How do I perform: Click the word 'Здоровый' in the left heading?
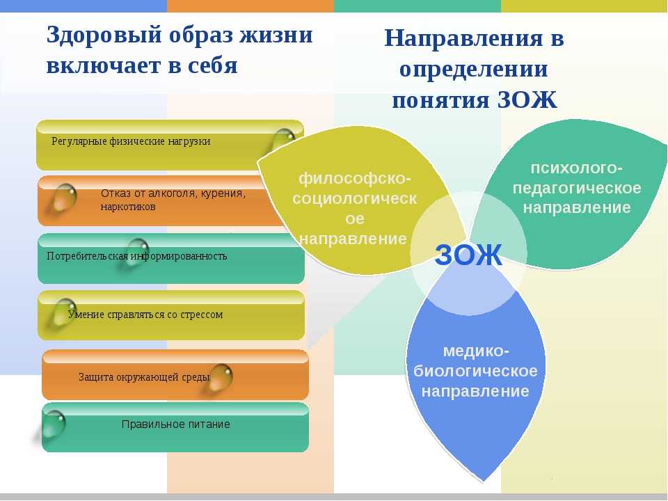(104, 35)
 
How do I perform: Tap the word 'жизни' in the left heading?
(276, 34)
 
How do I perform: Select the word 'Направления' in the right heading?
(464, 38)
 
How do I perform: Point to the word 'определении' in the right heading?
(473, 70)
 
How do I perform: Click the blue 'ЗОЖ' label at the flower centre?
(468, 255)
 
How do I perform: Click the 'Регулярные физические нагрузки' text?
(131, 141)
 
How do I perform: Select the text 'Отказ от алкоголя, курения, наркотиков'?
(173, 200)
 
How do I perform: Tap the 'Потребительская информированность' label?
(137, 256)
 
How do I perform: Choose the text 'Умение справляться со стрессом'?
(145, 315)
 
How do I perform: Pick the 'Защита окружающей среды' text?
(144, 377)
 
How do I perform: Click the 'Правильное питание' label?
(176, 424)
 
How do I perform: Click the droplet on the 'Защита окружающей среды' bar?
(221, 377)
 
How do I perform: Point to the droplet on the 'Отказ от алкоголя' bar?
(64, 197)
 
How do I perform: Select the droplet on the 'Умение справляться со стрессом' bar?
(64, 312)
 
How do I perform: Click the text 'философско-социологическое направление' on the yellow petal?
(354, 209)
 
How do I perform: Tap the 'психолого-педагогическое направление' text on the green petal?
(577, 188)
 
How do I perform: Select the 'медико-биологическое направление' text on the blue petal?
(475, 371)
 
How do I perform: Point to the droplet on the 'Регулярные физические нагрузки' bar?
(283, 141)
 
